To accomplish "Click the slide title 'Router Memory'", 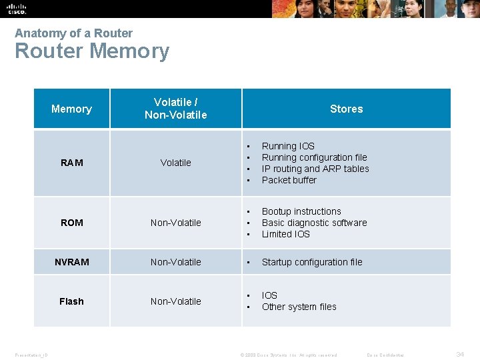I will pos(92,51).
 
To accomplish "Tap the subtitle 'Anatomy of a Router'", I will pos(73,33).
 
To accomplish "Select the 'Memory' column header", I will pos(71,109).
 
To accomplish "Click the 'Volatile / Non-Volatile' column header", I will pos(176,109).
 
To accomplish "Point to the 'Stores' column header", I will pos(346,109).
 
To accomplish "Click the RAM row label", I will pos(71,163).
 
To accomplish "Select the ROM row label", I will pos(71,223).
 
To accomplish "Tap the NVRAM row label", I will pos(71,262).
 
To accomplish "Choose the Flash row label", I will pos(71,301).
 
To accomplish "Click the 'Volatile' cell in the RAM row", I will pos(176,163).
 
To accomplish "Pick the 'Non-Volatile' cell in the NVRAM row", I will pos(176,262).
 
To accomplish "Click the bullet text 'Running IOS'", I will pos(288,146).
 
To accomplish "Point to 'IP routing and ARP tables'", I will pos(315,169).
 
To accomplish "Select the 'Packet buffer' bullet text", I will pos(289,180).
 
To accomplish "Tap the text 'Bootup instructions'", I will pos(301,211).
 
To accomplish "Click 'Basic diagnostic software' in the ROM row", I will pos(314,223).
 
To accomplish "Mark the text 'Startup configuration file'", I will pos(312,262).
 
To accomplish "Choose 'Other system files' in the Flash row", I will pos(299,307).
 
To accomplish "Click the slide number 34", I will pos(460,355).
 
